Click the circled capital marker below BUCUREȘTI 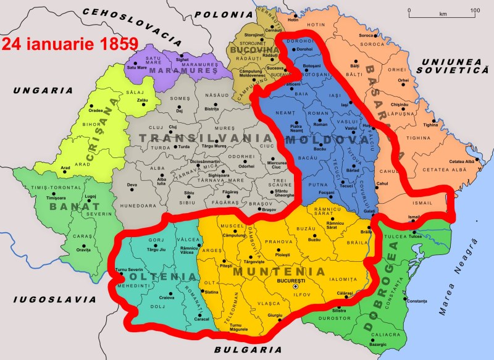click(x=296, y=287)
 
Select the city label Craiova click(x=167, y=298)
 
